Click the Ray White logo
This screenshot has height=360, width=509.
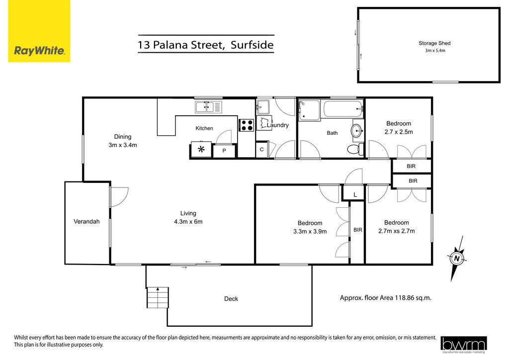[x=39, y=31]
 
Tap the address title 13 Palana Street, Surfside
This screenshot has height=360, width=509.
[x=206, y=44]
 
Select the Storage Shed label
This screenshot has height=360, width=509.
[x=434, y=43]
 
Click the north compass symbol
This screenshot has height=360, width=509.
[x=457, y=259]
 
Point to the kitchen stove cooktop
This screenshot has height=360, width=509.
[x=247, y=125]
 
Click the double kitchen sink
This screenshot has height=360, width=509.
[x=208, y=107]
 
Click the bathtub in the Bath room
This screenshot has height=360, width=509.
[x=343, y=109]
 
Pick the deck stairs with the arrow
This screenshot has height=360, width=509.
[x=158, y=297]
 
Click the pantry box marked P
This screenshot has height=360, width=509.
[x=224, y=151]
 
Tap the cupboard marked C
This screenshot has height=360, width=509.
[x=262, y=150]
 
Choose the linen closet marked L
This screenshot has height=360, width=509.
[x=355, y=194]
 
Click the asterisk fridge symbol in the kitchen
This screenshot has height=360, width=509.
[x=202, y=150]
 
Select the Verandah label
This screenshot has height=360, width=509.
[x=86, y=222]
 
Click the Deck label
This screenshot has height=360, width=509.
[x=231, y=299]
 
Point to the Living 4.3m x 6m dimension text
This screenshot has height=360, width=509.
[x=188, y=217]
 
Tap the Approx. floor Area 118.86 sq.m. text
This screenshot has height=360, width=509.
[x=386, y=298]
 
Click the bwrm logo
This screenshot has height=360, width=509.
[x=464, y=345]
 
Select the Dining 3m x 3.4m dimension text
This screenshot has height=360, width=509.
[x=123, y=141]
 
